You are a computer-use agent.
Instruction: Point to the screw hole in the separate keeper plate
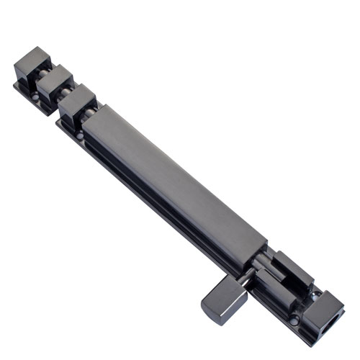35,94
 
